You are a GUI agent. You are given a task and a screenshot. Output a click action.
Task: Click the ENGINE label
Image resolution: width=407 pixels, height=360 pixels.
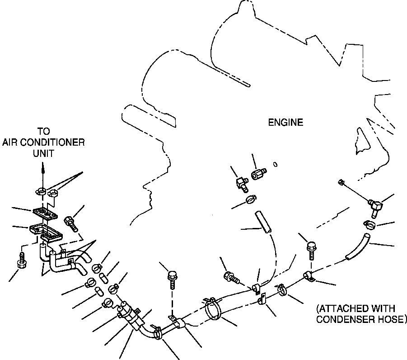coord(285,122)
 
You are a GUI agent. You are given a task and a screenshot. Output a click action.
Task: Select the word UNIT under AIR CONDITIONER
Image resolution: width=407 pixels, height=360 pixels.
coord(44,153)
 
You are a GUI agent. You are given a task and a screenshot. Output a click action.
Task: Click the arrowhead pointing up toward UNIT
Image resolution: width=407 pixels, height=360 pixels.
coord(44,168)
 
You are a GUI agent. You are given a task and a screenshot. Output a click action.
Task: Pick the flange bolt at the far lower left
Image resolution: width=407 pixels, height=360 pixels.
coord(21,261)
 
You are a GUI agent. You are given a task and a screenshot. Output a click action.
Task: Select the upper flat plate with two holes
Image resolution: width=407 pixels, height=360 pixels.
coord(43,212)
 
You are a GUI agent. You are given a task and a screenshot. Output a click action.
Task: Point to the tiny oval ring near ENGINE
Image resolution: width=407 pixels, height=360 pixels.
coord(275,164)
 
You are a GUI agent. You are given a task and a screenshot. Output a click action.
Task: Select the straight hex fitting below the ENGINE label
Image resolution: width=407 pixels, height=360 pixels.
coord(259,174)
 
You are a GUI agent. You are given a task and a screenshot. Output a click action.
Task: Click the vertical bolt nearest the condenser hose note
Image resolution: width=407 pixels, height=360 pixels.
coord(311,250)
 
